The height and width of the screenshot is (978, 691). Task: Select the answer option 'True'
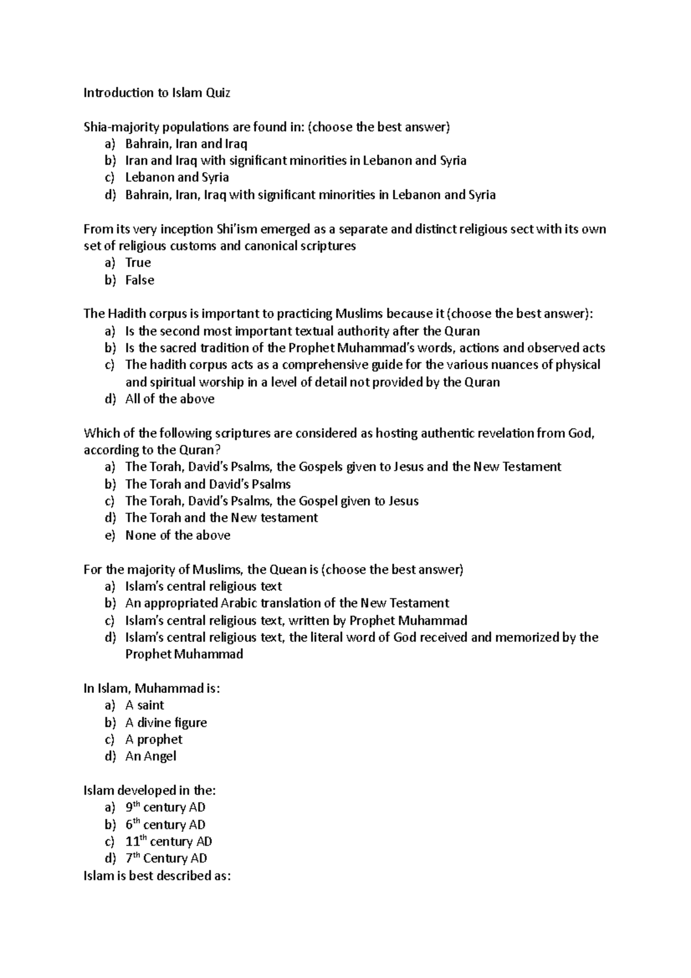point(138,263)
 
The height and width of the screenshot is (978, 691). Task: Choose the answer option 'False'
point(140,280)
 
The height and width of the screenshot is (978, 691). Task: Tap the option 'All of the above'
point(170,399)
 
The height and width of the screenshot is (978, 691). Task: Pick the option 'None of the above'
point(178,535)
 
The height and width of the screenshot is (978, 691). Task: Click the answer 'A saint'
point(145,705)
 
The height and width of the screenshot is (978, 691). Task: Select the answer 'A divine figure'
point(166,722)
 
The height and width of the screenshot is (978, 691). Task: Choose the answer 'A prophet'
point(154,739)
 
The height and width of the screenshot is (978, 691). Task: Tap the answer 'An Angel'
point(151,756)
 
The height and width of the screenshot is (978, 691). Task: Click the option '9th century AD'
point(165,807)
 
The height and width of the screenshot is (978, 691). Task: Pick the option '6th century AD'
point(165,824)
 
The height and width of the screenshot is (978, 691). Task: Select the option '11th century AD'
point(169,841)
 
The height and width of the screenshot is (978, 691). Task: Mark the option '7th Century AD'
point(166,858)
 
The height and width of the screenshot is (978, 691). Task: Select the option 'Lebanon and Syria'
point(177,177)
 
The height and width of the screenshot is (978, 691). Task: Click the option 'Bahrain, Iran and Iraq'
point(186,143)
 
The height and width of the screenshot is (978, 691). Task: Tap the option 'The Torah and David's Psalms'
point(208,484)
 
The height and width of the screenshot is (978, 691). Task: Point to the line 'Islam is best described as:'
point(157,875)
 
